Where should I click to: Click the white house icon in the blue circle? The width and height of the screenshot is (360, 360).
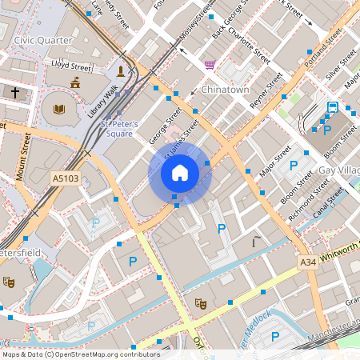coord(180,173)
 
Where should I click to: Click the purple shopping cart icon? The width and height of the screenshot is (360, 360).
coord(210,64)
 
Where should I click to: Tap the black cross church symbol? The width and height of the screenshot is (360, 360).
coord(15,93)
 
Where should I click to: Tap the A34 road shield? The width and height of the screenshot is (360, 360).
coord(308,262)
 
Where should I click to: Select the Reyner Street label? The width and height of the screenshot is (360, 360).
coord(266,92)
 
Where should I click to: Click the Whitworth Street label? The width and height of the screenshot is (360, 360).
coord(340,254)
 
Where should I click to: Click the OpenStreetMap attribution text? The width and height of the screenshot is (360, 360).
coord(80,354)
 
